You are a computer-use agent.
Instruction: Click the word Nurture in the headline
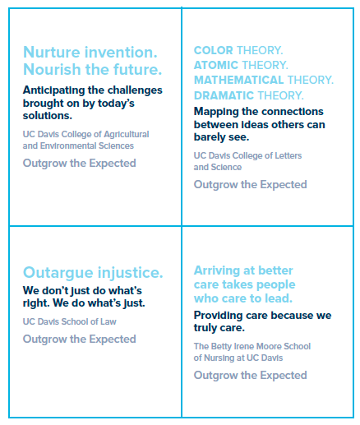coord(51,52)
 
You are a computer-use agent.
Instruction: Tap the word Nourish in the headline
coord(52,69)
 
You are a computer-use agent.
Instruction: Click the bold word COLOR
coord(214,50)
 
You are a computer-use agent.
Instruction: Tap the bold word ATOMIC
coord(216,65)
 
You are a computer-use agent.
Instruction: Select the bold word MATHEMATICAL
coord(238,80)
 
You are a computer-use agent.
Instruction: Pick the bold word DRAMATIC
coord(224,95)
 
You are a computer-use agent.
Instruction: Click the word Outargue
coord(58,273)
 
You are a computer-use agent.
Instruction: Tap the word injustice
coord(131,273)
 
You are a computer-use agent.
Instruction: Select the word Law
coord(108,321)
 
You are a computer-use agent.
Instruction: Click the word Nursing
coord(219,358)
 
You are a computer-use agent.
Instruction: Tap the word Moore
coord(267,346)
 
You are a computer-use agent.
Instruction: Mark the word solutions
coord(48,116)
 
